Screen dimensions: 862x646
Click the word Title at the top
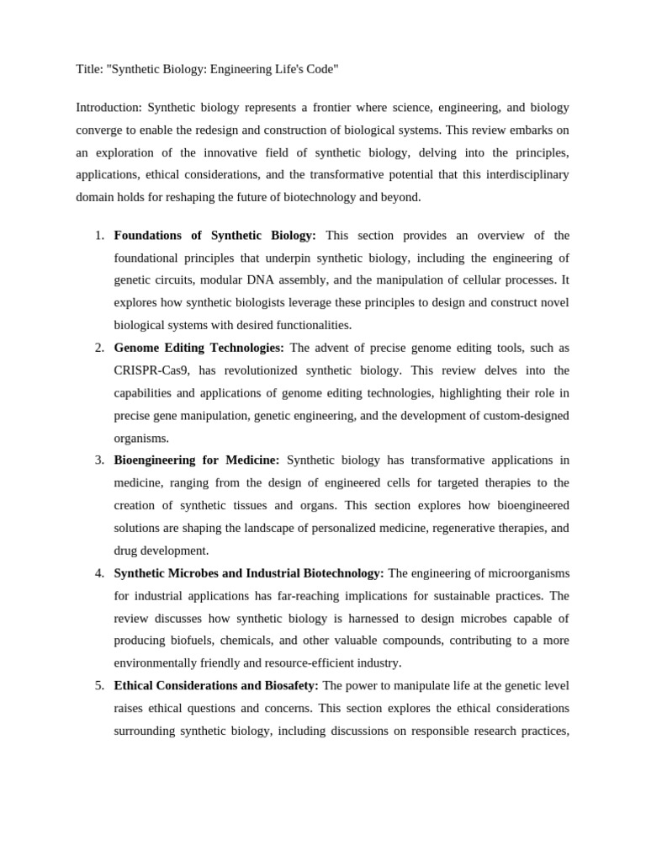[x=89, y=69]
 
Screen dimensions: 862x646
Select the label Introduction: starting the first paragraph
[x=109, y=108]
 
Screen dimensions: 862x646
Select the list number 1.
[x=99, y=236]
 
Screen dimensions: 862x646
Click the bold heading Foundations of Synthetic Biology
[x=214, y=236]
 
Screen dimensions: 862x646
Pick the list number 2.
[x=99, y=348]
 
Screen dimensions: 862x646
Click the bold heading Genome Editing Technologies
[x=199, y=348]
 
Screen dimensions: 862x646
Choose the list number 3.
[x=99, y=460]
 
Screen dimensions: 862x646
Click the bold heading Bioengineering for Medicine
[x=196, y=460]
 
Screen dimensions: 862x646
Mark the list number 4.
[x=99, y=573]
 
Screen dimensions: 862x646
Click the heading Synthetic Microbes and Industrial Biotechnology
[x=248, y=573]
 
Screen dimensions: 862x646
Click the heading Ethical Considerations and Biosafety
[x=215, y=685]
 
